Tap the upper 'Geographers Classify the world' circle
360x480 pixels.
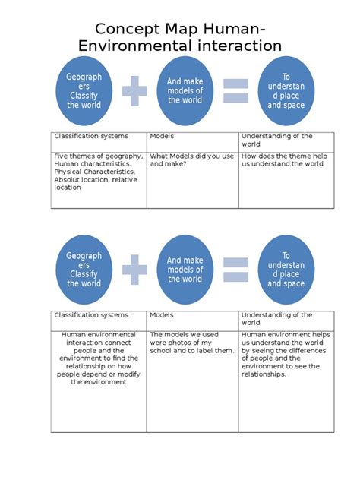click(84, 91)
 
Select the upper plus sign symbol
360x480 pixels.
click(134, 91)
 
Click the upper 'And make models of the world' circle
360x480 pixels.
click(185, 91)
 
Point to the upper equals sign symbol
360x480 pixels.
click(236, 91)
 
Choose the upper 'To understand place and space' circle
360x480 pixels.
click(286, 91)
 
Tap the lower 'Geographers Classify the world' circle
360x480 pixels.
click(84, 270)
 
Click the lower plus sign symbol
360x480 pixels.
click(134, 270)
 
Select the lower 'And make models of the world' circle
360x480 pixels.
click(185, 270)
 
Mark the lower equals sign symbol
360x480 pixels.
click(236, 270)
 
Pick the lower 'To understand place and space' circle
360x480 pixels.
click(286, 270)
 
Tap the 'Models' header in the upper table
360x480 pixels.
click(161, 137)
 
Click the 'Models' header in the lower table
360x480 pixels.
click(161, 315)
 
